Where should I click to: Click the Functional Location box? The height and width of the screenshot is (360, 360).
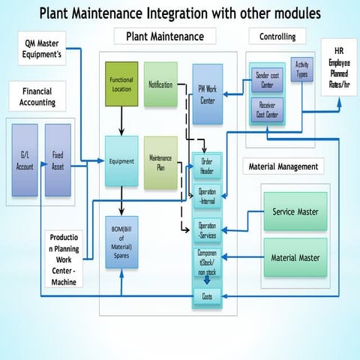click(x=121, y=85)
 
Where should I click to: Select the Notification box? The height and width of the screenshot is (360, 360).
click(x=160, y=84)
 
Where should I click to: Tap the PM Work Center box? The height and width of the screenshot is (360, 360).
click(x=207, y=94)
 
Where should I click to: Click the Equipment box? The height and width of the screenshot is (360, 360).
click(x=121, y=161)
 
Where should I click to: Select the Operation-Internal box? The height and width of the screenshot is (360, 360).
click(x=207, y=196)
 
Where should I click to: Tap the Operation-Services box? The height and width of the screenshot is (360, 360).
click(x=207, y=229)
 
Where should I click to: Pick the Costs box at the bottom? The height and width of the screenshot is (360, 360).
click(x=207, y=298)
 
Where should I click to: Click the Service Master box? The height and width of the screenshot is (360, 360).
click(x=295, y=212)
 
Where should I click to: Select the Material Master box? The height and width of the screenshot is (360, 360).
click(x=295, y=257)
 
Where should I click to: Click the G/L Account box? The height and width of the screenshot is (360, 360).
click(x=25, y=161)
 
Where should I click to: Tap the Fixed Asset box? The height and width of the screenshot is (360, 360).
click(x=58, y=161)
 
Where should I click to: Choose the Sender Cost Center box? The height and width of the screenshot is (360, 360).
click(x=268, y=79)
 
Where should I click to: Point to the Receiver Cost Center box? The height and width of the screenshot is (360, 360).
click(x=268, y=109)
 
